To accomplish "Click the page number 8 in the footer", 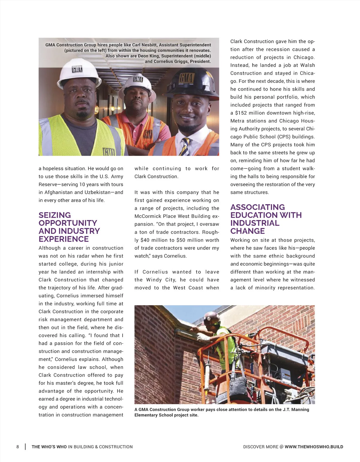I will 18,447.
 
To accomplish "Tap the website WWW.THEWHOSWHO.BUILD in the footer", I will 314,447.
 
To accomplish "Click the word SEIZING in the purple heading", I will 55,215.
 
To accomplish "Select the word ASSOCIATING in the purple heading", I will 257,207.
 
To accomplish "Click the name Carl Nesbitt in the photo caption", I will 145,45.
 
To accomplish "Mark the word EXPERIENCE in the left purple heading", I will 64,239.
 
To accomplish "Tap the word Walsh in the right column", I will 307,65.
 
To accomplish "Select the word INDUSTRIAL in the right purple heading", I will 255,223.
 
